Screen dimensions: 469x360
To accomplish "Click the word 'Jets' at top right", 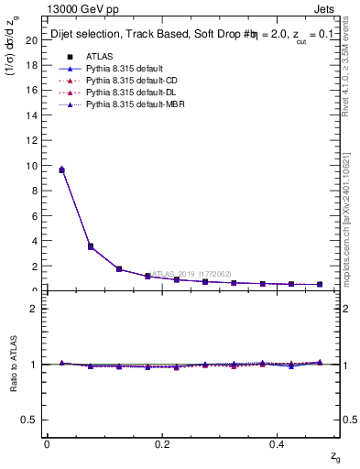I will click(326, 12).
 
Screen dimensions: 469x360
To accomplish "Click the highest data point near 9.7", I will click(61, 169).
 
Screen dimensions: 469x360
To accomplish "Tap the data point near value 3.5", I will click(90, 246).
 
